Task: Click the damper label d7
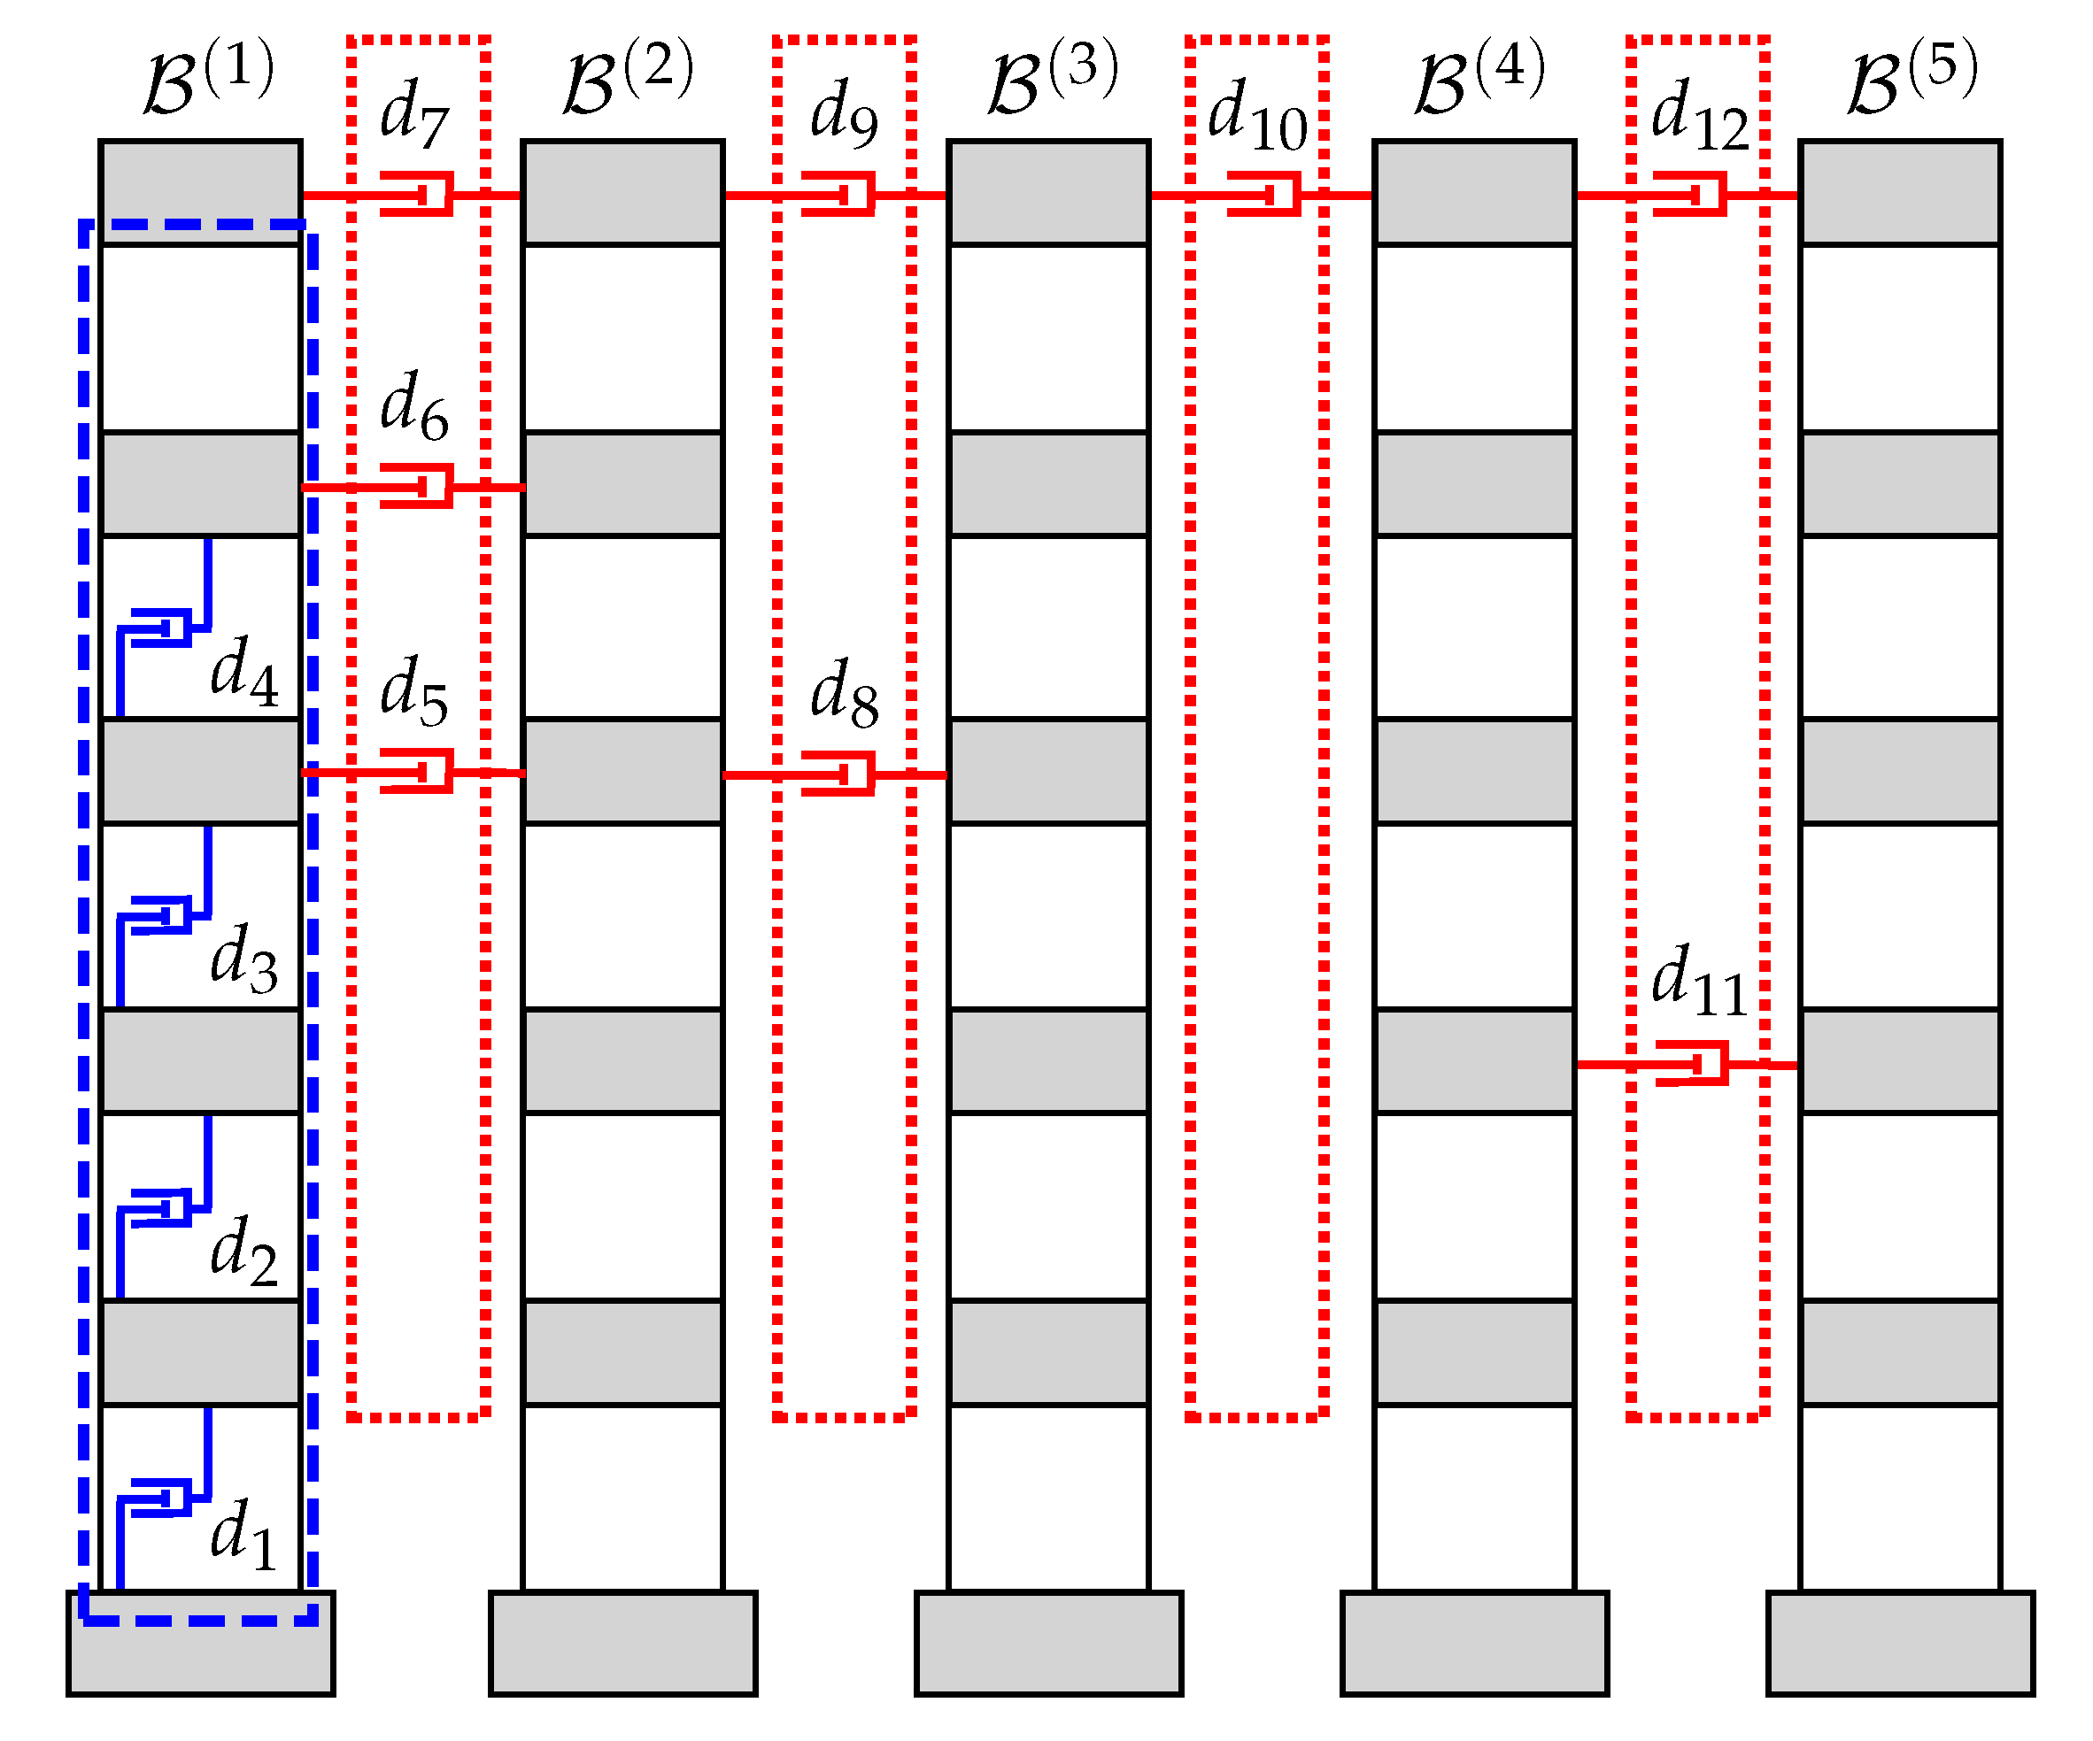tap(413, 112)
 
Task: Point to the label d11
tap(1699, 981)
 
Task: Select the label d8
tap(843, 693)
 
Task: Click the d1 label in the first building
tap(243, 1535)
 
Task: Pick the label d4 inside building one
tap(243, 672)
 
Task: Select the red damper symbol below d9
tap(840, 195)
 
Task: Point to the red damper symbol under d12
tap(1691, 195)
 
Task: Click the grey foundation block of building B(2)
tap(623, 1643)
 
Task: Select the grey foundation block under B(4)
tap(1474, 1643)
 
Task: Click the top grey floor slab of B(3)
tap(1048, 192)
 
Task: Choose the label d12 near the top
tap(1699, 114)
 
